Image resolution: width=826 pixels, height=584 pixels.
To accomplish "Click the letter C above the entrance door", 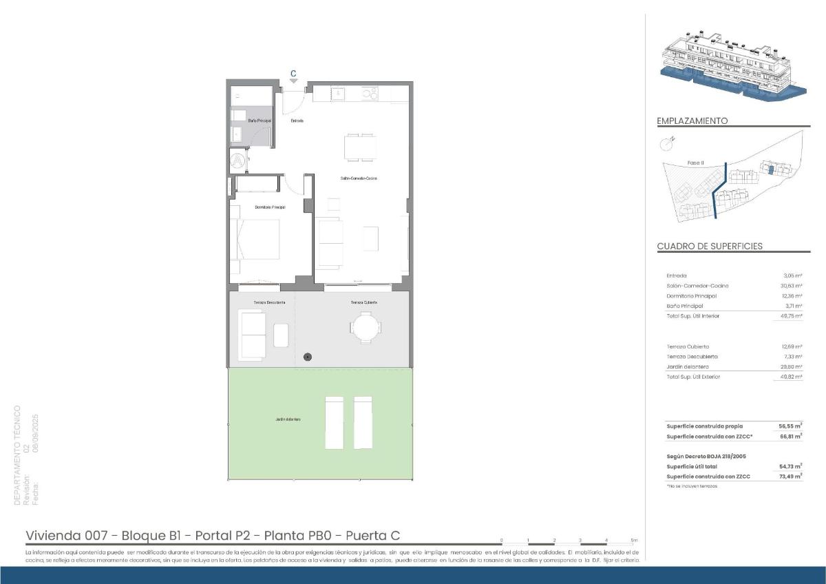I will [293, 73].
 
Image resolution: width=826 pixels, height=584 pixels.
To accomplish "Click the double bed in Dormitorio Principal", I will [258, 239].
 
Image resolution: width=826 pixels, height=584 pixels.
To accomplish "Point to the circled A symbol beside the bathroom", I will [237, 161].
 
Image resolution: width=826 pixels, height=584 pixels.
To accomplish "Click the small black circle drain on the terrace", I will [308, 357].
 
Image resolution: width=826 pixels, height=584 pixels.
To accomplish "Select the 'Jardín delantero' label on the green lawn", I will [287, 419].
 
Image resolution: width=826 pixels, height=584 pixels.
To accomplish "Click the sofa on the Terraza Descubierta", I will [252, 335].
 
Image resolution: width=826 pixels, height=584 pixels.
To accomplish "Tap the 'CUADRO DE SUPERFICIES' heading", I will [710, 246].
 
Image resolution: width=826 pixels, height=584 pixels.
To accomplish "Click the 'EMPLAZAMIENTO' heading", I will [692, 121].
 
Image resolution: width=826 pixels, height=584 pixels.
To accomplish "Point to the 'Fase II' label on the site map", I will [695, 163].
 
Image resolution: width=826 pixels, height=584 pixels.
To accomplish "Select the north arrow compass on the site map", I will [666, 144].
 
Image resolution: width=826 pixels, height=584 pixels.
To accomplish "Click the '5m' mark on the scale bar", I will [634, 541].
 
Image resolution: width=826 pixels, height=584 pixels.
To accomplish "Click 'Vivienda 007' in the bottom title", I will [66, 536].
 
